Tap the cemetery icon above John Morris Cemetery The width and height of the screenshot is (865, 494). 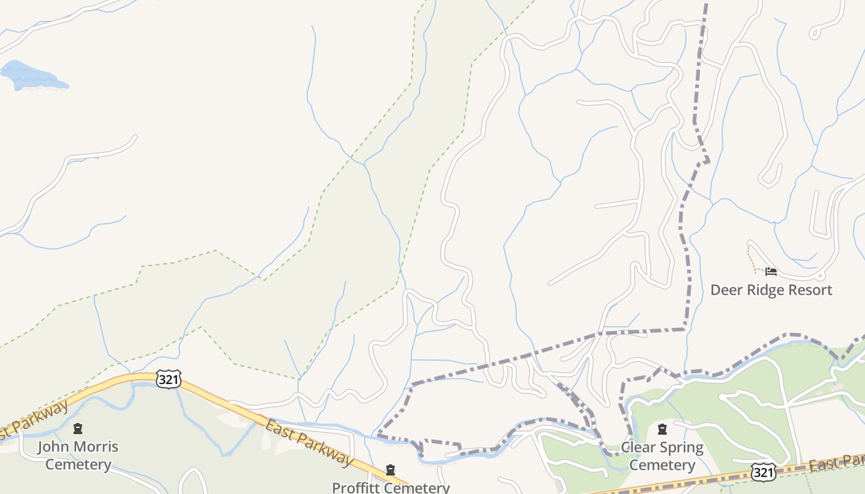pos(78,428)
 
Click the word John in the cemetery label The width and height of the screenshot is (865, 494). pos(51,446)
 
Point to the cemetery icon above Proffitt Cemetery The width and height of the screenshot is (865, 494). pos(390,471)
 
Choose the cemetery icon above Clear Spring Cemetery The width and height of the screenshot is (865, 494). pos(662,429)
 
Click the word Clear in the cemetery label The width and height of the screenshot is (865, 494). pos(638,447)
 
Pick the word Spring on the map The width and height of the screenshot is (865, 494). pos(681,448)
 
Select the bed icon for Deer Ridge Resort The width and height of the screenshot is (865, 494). pos(770,272)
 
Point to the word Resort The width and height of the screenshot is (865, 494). pos(811,290)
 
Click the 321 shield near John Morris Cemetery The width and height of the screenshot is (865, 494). pos(168,379)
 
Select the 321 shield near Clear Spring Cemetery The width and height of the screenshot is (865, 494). pos(763,472)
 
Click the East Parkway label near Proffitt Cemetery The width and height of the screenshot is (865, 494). pos(309,442)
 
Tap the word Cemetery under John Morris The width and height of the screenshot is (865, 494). pos(78,464)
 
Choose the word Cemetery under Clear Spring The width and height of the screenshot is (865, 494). pos(662,465)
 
